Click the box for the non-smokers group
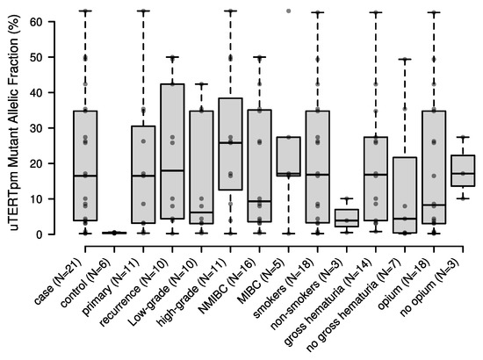[x=350, y=218]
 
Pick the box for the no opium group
[x=463, y=170]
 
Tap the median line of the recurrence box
[x=172, y=170]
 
